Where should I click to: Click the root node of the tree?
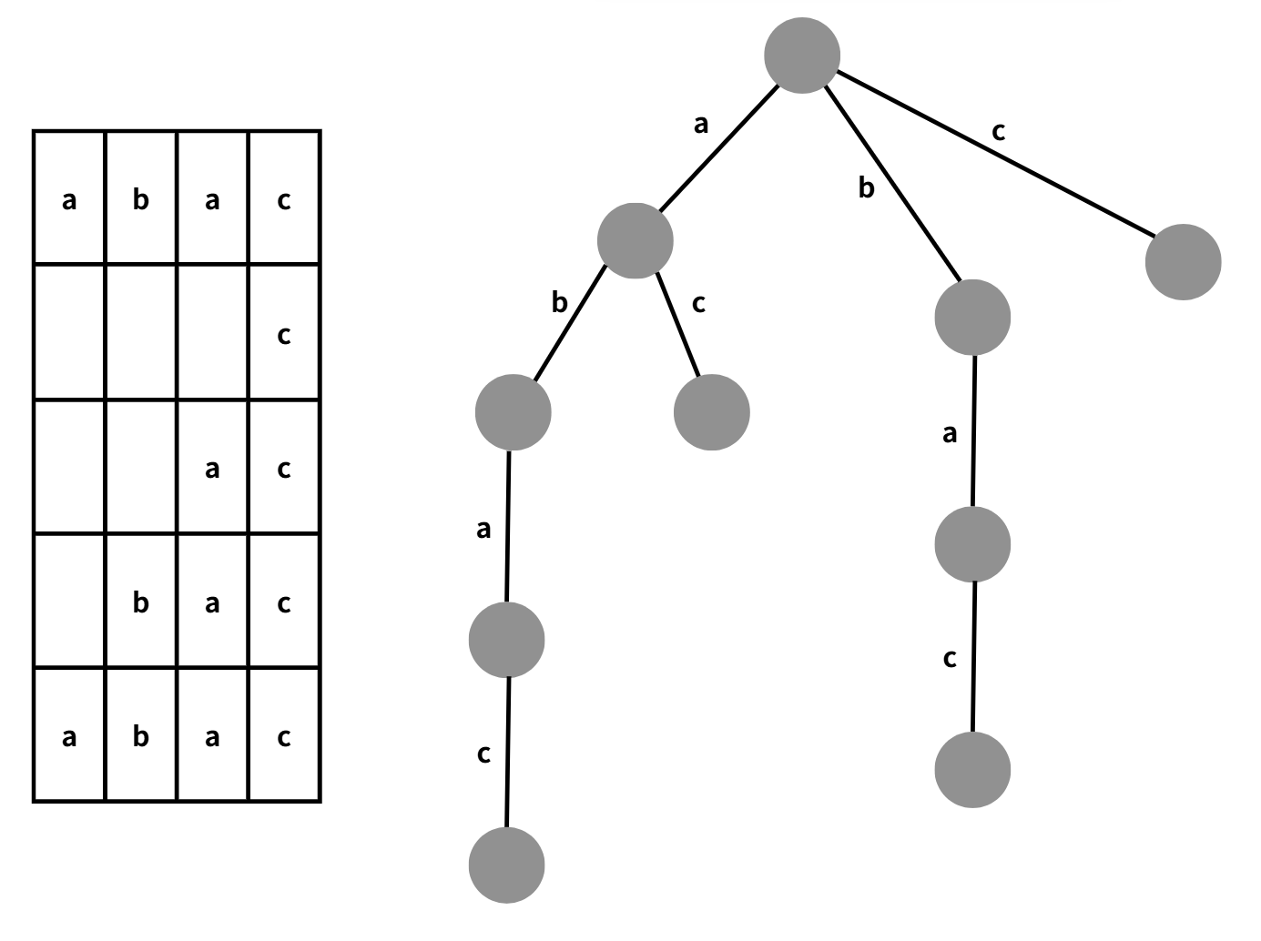coord(801,56)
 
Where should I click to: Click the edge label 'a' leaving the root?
coord(700,125)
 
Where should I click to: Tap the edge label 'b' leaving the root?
coord(866,187)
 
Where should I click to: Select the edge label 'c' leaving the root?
coord(998,132)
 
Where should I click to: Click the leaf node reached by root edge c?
coord(1183,262)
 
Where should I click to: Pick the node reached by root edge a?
coord(636,240)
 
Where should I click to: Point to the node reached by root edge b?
coord(972,318)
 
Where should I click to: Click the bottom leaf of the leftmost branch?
coord(507,865)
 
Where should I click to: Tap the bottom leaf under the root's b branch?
coord(972,770)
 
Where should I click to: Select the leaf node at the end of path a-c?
coord(712,412)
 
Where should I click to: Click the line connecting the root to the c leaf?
coord(992,158)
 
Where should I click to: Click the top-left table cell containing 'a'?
coord(69,199)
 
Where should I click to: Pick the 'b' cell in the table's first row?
coord(140,199)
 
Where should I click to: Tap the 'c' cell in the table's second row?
coord(284,334)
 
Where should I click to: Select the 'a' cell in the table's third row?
coord(212,469)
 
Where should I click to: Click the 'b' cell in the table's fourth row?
coord(140,602)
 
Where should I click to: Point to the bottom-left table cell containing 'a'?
coord(69,736)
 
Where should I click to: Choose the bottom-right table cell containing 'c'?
coord(284,736)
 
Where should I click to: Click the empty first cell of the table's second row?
coord(69,332)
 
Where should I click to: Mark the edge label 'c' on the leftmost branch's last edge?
coord(483,754)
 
